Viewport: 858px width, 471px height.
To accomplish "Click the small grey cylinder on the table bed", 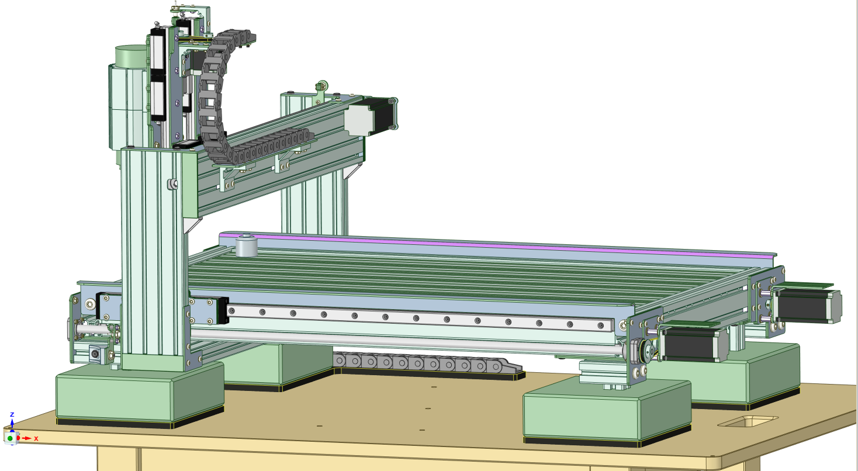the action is click(x=246, y=245).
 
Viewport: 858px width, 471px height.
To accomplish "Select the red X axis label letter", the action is click(x=36, y=438).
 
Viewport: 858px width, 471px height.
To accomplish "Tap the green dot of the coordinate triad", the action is click(x=10, y=438).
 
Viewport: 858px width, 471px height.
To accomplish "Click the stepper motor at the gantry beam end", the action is click(x=371, y=117).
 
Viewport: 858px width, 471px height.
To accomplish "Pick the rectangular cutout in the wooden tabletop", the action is click(x=748, y=421).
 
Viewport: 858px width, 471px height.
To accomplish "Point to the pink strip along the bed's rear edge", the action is click(x=498, y=244).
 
